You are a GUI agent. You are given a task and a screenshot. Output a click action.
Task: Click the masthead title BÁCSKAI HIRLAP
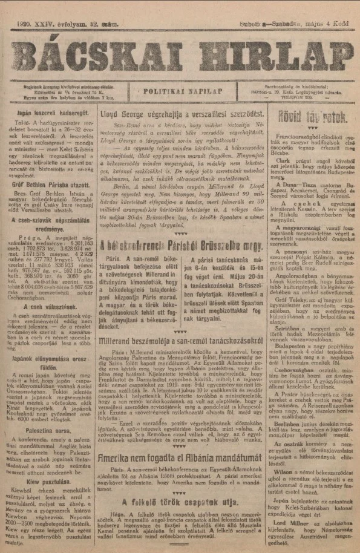coord(180,58)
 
